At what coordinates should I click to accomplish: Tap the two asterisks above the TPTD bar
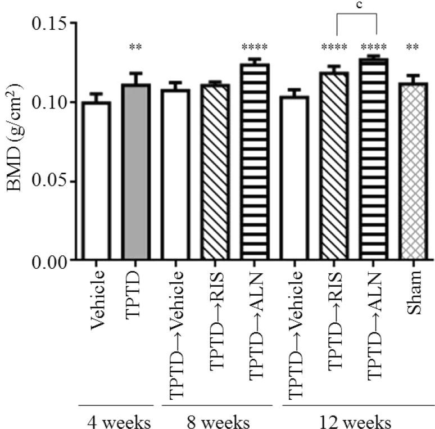tap(135, 48)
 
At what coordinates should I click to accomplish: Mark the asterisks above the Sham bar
tap(414, 48)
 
